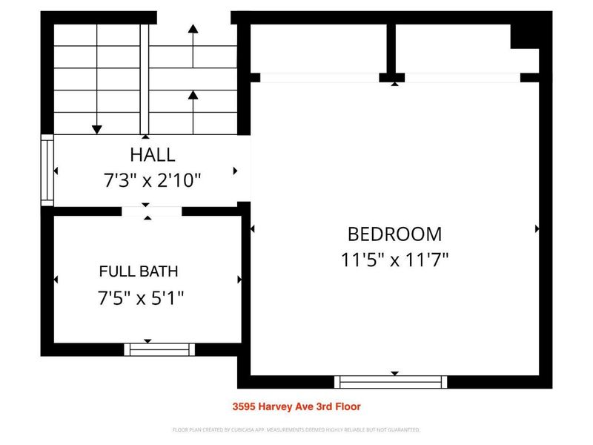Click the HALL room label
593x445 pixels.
[x=153, y=155]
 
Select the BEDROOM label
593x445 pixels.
[x=394, y=234]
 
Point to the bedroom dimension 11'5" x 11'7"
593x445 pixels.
[x=394, y=260]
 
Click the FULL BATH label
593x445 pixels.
[x=139, y=271]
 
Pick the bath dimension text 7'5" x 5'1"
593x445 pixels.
[x=141, y=298]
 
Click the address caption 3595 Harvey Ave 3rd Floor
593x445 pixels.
[x=296, y=406]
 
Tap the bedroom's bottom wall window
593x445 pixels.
[x=391, y=382]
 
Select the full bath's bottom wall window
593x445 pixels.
[x=159, y=349]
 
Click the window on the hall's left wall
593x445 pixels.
[x=47, y=169]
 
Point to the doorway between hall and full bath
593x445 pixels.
[x=151, y=211]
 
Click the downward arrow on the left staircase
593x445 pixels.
[x=96, y=129]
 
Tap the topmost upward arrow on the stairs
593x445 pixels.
[x=193, y=30]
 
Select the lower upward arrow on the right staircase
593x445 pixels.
[x=193, y=95]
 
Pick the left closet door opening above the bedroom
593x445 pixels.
[x=319, y=77]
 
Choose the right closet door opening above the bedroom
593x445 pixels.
[x=462, y=77]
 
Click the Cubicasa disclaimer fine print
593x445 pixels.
[x=296, y=429]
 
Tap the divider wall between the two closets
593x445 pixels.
[x=391, y=49]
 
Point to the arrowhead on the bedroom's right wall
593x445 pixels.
[x=537, y=230]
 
